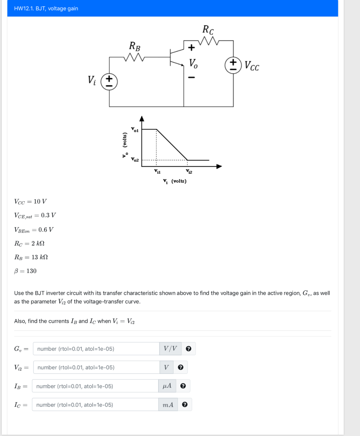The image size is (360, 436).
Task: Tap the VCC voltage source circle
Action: coord(233,66)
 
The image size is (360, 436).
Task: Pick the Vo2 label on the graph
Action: coord(135,160)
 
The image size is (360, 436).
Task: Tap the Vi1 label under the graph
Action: coord(157,171)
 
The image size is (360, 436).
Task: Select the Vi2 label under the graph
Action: coord(189,171)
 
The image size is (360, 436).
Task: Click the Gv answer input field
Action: coord(96,349)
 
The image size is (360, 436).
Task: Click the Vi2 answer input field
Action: coord(96,367)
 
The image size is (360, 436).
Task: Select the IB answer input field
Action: coord(95,386)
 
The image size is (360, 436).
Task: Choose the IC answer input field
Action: coord(95,404)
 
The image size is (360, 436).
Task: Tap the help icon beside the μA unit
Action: coord(183,386)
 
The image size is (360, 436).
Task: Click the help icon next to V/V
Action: coord(188,349)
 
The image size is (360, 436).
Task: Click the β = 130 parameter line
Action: coord(25,271)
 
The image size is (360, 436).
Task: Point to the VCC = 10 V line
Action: coord(30,201)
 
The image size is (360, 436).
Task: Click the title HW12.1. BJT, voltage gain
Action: coord(46,9)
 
